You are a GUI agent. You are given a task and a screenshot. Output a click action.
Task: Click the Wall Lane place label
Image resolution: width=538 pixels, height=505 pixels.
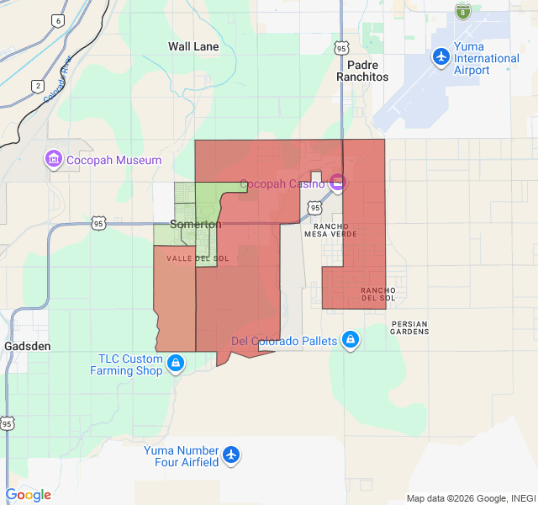tap(193, 46)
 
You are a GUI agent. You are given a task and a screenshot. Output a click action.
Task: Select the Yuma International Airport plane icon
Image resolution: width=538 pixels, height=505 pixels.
tap(440, 56)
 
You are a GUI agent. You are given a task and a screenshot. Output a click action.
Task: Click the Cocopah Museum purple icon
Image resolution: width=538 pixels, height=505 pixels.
tap(53, 159)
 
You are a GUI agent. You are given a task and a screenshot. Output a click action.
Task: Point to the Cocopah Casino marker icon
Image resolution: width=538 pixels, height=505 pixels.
tap(337, 182)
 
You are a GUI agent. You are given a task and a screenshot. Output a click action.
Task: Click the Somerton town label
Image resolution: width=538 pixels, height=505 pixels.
tap(196, 225)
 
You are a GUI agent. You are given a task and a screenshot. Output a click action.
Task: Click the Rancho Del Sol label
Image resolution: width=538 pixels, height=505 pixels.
tap(378, 293)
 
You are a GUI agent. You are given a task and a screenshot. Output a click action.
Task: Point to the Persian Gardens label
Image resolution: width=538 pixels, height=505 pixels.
tap(409, 327)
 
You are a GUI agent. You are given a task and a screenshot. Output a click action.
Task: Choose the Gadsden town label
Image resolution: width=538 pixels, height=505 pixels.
tap(28, 346)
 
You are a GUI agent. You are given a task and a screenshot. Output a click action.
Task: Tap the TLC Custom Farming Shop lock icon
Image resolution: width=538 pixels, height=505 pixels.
tap(176, 363)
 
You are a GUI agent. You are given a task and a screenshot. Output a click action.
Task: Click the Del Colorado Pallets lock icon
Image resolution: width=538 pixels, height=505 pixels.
tap(351, 341)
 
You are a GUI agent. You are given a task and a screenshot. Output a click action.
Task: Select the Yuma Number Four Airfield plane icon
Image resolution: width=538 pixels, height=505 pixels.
tap(231, 455)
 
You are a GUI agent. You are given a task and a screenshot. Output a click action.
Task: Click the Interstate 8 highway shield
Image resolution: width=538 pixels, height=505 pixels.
tap(462, 12)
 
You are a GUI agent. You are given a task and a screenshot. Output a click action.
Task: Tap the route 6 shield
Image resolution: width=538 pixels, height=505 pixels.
tap(57, 20)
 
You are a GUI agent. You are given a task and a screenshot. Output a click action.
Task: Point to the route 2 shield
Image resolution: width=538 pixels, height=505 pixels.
tap(38, 86)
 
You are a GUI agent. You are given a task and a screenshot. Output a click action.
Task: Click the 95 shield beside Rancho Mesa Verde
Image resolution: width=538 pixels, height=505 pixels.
tap(314, 206)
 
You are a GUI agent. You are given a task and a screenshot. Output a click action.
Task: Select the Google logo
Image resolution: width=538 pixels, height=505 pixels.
tap(28, 495)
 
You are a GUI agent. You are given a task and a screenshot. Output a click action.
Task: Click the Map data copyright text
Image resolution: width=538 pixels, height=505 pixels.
tap(470, 498)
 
